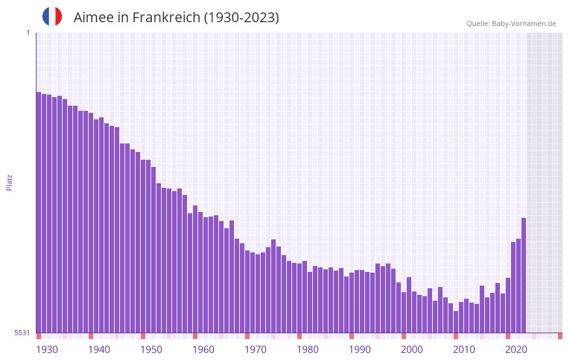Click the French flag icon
click(x=52, y=16)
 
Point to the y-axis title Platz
click(x=9, y=182)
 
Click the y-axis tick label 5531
click(x=22, y=333)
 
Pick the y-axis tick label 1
click(x=27, y=33)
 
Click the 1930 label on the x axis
click(x=47, y=350)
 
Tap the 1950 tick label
click(x=151, y=350)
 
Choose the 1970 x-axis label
click(x=255, y=350)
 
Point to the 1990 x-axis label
click(x=360, y=350)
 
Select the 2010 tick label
click(x=464, y=350)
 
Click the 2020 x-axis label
click(x=516, y=350)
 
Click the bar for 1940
click(x=91, y=222)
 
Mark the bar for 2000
click(x=403, y=312)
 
